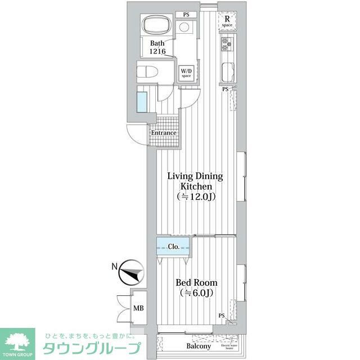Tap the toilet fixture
pos(147,72)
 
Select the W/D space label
pos(186,73)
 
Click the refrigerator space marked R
pos(227,21)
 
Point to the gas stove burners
pos(226,43)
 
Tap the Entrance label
pos(163,133)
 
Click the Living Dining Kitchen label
pos(195,181)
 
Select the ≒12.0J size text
pos(195,197)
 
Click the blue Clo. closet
pos(173,246)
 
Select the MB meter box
pos(138,308)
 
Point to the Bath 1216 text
pos(157,47)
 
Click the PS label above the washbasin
pos(186,15)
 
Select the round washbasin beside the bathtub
pos(184,28)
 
